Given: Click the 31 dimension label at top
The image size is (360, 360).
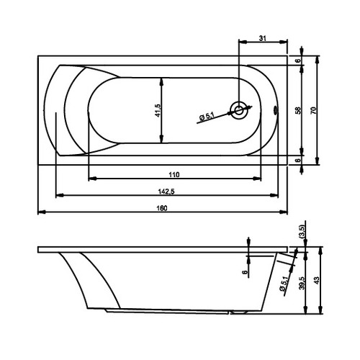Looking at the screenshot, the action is pyautogui.click(x=263, y=38).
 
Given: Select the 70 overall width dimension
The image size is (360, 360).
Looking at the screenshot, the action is pyautogui.click(x=313, y=111).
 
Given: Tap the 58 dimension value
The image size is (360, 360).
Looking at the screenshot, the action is pyautogui.click(x=298, y=110).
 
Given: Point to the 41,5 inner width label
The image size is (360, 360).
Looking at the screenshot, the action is pyautogui.click(x=158, y=110).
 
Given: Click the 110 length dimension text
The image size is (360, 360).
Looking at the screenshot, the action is pyautogui.click(x=174, y=174).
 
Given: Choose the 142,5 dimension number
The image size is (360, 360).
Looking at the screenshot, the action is pyautogui.click(x=166, y=192).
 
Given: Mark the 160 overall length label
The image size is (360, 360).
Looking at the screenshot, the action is pyautogui.click(x=162, y=208).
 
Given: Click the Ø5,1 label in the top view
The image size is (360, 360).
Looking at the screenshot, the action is pyautogui.click(x=207, y=117).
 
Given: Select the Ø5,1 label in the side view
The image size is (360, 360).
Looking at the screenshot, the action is pyautogui.click(x=284, y=284).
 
